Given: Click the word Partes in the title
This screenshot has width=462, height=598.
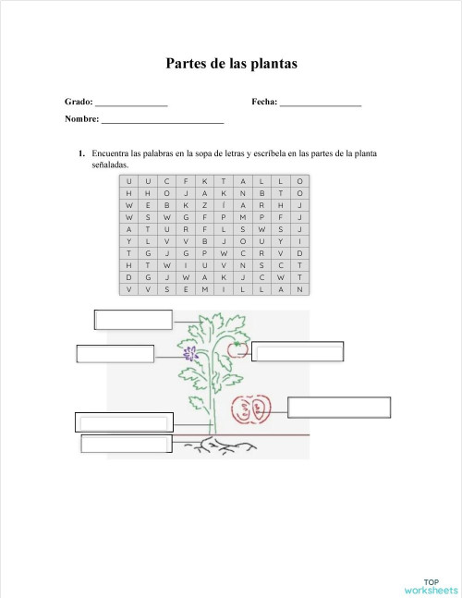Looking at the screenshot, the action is [186, 64].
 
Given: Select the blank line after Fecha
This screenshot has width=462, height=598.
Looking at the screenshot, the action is [320, 104].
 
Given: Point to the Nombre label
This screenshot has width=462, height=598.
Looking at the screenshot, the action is [81, 119].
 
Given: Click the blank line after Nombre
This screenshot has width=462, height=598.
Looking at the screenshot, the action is [163, 121].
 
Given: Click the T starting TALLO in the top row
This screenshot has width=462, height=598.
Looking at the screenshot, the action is [224, 180].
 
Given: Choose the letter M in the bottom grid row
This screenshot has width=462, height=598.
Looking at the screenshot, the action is [204, 289].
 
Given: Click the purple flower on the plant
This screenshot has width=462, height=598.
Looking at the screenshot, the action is [190, 354].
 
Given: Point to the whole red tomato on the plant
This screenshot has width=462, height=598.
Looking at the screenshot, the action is [237, 348].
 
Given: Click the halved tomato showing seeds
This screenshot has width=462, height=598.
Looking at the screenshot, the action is [250, 408].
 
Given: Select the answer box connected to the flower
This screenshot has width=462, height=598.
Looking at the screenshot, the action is [115, 354].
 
